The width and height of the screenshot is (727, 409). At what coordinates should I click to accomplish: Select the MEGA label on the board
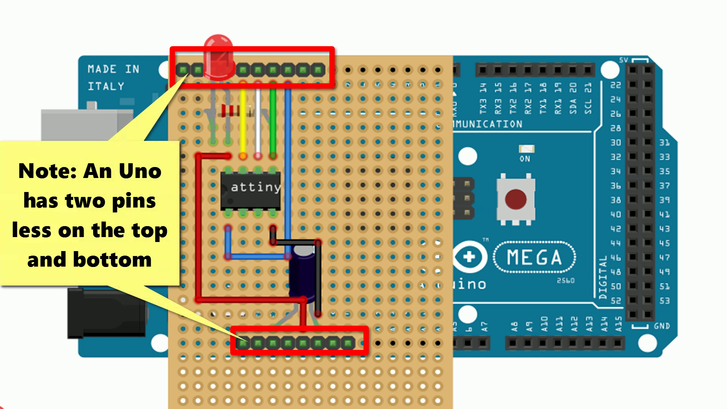(x=534, y=258)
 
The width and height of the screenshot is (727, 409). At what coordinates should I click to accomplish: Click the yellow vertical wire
(x=243, y=121)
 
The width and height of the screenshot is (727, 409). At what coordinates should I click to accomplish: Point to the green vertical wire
(x=273, y=121)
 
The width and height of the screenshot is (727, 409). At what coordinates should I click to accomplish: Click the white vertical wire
(x=258, y=121)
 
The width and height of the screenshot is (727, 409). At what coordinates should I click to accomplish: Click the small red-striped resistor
(x=229, y=111)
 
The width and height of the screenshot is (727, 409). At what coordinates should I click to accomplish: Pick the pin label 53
(x=665, y=301)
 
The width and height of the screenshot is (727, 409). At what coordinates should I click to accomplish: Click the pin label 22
(x=616, y=85)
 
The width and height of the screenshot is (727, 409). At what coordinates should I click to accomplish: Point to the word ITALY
(x=106, y=86)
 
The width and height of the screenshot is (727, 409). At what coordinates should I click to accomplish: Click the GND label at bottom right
(x=661, y=326)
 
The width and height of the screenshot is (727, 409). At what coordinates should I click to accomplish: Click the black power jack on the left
(x=106, y=312)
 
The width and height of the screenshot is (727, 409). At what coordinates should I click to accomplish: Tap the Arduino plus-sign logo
(x=469, y=257)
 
